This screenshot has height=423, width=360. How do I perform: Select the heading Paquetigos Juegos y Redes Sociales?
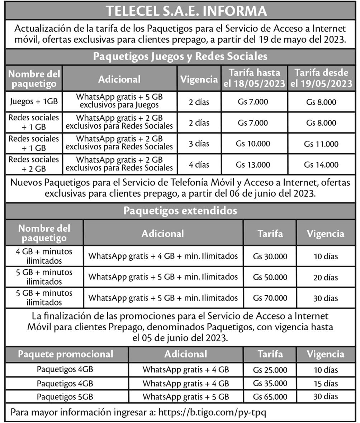[180, 57]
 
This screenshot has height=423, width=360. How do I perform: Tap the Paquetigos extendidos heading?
[180, 211]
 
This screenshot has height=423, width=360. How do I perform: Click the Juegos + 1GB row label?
[34, 102]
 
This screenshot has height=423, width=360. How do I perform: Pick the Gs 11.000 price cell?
[321, 144]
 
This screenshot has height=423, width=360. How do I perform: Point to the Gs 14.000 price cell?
[321, 165]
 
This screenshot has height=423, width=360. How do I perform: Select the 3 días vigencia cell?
[199, 144]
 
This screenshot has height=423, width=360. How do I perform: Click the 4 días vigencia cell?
[199, 165]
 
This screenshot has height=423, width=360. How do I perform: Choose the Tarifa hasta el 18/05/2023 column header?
[254, 78]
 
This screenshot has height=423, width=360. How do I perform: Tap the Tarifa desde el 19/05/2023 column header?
[321, 78]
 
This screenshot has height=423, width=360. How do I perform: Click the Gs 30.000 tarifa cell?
[270, 256]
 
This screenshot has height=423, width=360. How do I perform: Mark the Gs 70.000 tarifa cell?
[270, 298]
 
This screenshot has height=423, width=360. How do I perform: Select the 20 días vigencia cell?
[326, 277]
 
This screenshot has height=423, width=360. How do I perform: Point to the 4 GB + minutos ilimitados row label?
[44, 256]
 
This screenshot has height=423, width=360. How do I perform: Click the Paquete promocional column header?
[66, 354]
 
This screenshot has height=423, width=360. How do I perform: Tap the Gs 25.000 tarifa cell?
[270, 370]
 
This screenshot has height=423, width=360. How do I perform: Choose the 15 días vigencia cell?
[326, 384]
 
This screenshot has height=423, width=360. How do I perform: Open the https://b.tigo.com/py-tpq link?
[212, 412]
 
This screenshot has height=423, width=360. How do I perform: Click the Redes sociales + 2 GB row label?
[34, 164]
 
